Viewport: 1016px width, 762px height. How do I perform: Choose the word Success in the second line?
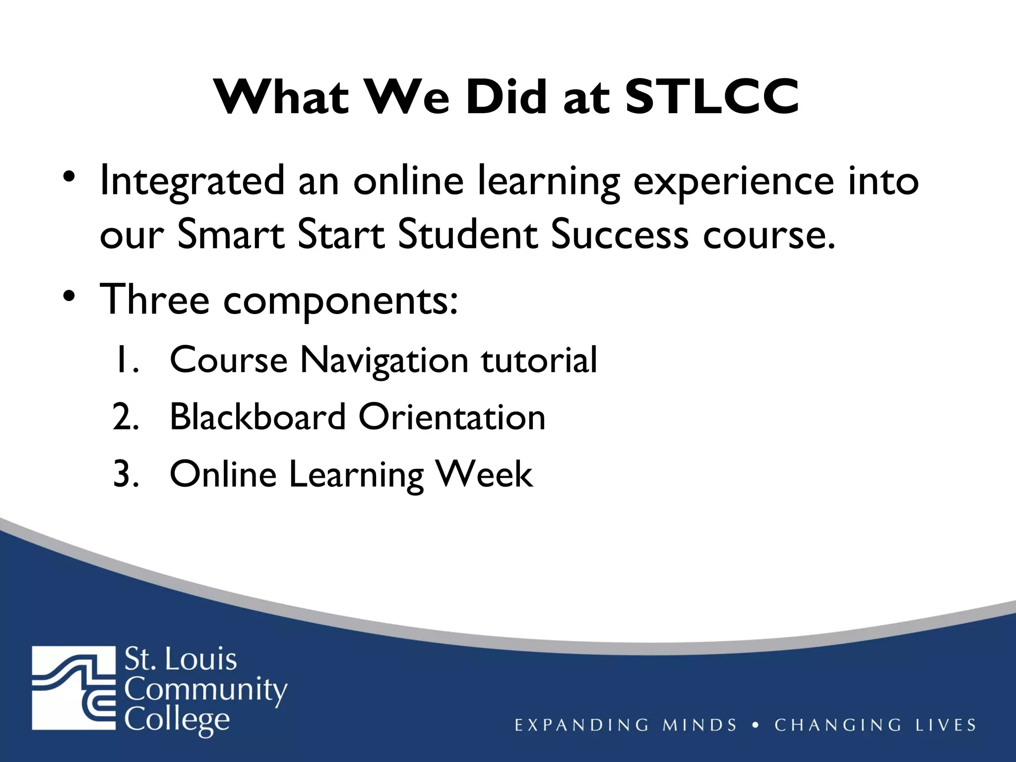pyautogui.click(x=620, y=234)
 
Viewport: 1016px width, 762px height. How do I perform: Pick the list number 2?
pyautogui.click(x=126, y=417)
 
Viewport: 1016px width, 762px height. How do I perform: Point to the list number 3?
pyautogui.click(x=126, y=474)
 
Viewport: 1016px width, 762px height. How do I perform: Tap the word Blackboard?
pyautogui.click(x=257, y=417)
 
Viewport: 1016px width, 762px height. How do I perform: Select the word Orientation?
pyautogui.click(x=452, y=417)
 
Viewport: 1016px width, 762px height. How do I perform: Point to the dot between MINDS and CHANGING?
pyautogui.click(x=756, y=725)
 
